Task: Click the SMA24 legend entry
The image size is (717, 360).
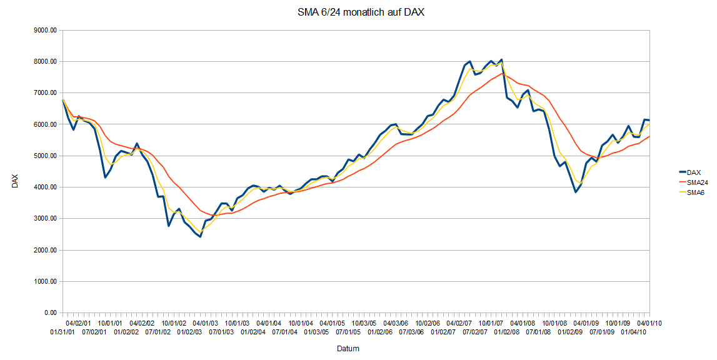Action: tap(695, 182)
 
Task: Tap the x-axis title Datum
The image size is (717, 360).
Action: tap(348, 348)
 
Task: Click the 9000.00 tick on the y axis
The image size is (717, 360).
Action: tap(45, 30)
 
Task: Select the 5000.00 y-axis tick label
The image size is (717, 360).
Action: tap(45, 156)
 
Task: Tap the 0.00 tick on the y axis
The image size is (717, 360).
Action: tap(49, 312)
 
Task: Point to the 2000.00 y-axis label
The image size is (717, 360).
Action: tap(45, 250)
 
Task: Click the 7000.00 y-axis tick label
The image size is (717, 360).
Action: tap(45, 93)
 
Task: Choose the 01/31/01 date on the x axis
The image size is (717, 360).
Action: tap(63, 332)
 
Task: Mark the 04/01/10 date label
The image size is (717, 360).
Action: tap(649, 323)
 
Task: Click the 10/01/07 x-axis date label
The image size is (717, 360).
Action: tap(491, 323)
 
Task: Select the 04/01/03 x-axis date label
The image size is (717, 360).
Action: tap(206, 323)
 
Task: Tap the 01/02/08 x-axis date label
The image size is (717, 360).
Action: tap(507, 332)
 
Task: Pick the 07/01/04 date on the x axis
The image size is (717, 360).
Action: tap(285, 332)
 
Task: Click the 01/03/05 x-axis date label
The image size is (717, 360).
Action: tap(316, 332)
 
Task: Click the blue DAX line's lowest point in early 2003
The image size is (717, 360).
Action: tap(200, 237)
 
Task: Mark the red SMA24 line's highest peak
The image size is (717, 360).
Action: tap(502, 73)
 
